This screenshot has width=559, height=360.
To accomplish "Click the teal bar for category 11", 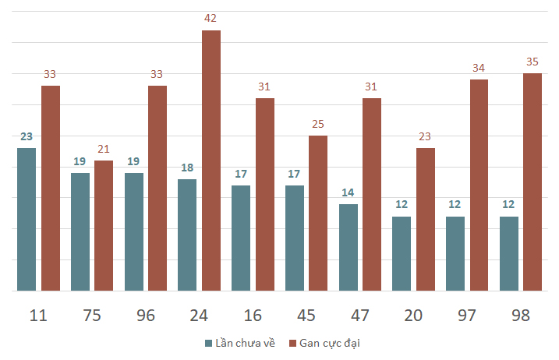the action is (27, 219).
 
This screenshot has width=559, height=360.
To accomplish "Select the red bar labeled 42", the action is (211, 161).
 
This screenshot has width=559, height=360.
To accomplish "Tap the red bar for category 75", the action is (104, 226).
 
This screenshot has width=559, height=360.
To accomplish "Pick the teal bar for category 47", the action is (348, 247).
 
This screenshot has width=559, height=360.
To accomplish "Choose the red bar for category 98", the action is (532, 182).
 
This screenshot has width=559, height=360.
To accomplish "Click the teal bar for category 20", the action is (402, 254).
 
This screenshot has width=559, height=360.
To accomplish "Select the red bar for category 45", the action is (318, 214).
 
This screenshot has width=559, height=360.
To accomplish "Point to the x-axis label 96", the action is (146, 316).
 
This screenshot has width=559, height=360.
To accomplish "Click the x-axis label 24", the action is (199, 316).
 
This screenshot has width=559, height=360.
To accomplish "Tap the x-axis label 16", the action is (253, 316).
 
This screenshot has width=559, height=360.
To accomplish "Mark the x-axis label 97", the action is (467, 316).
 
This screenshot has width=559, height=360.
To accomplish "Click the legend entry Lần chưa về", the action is (240, 343).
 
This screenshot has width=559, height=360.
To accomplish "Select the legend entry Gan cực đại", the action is (324, 343).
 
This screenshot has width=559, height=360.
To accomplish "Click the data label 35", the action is (532, 62).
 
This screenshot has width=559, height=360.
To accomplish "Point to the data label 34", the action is (479, 68).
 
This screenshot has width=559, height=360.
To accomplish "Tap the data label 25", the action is (318, 124).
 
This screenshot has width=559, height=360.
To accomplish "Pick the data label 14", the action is (348, 192).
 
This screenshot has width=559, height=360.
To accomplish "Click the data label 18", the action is (187, 168).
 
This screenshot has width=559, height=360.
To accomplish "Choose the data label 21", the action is (104, 149).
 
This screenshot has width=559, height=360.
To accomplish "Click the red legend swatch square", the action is (292, 344).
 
